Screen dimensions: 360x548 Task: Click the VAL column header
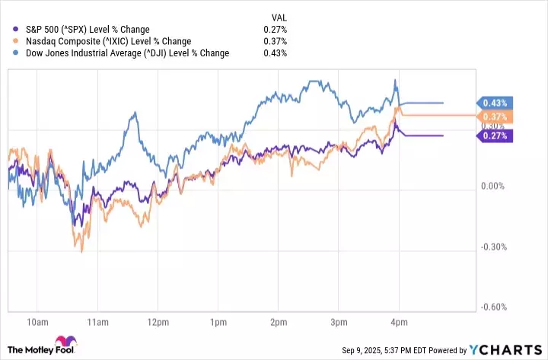[279, 17]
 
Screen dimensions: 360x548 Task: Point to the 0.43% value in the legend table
[276, 53]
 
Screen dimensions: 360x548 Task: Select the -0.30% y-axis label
[495, 247]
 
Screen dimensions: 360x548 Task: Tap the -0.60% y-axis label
[495, 307]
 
